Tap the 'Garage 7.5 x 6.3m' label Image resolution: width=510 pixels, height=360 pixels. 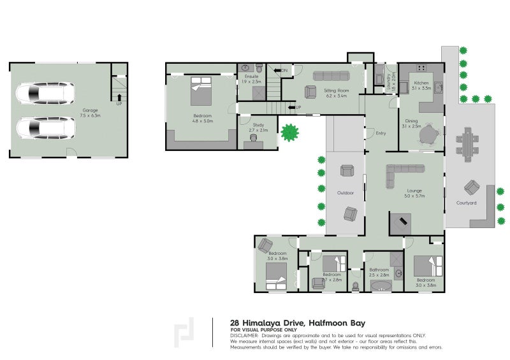pos(89,113)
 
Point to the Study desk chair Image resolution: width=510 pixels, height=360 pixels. pos(254,138)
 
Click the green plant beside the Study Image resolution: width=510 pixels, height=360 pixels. pos(291,133)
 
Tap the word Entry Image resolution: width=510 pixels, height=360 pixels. pos(381,133)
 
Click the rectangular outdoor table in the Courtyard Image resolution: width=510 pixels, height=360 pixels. pos(469,142)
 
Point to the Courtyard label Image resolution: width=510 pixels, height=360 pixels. pos(466,203)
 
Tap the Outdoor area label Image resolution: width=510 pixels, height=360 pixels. pos(346,192)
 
